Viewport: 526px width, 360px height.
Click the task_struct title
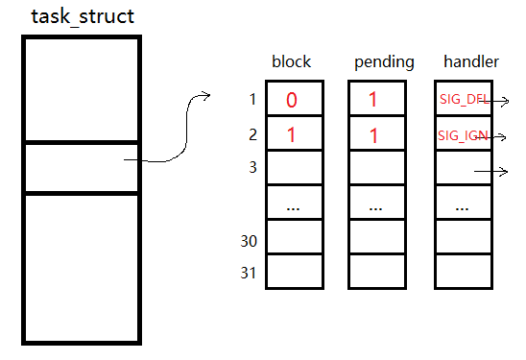[x=83, y=16]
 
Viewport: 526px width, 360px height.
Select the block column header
[x=292, y=61]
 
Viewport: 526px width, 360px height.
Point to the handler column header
[x=469, y=61]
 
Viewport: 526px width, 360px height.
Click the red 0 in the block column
[x=291, y=100]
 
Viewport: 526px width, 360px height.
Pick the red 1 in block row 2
[x=291, y=135]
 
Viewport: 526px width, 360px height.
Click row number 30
[x=249, y=240]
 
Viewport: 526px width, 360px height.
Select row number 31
[x=249, y=274]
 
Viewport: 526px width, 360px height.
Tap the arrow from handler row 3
[x=490, y=172]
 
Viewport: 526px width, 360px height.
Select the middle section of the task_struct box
[x=82, y=167]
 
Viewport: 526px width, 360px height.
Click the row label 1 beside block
[x=252, y=99]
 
